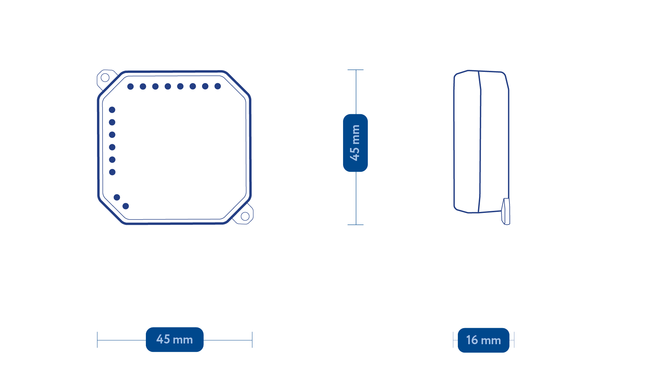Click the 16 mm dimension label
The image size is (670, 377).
click(x=483, y=340)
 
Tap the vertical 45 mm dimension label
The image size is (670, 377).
click(x=355, y=143)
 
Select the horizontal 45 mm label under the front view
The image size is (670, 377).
click(x=174, y=339)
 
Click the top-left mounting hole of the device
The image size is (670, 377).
click(x=105, y=77)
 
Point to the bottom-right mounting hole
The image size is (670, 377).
click(x=245, y=216)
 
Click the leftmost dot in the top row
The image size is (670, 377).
click(x=131, y=86)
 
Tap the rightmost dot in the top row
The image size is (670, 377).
click(x=218, y=86)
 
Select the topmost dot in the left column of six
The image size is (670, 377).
click(x=112, y=110)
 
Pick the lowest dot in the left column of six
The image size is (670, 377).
click(x=112, y=172)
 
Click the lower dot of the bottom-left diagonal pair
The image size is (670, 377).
click(x=126, y=206)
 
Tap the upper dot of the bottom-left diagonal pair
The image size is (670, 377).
click(x=117, y=197)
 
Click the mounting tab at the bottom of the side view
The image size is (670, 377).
click(x=506, y=212)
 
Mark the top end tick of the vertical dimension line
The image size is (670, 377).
click(x=356, y=70)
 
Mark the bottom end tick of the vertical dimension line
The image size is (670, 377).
click(x=356, y=225)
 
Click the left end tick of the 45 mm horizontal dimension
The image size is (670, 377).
click(x=97, y=340)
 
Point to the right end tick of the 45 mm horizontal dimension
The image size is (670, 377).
click(x=252, y=340)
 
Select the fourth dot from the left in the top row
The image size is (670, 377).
click(x=168, y=86)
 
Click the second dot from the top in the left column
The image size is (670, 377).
click(x=112, y=122)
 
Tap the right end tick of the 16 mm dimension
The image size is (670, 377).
click(x=514, y=340)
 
